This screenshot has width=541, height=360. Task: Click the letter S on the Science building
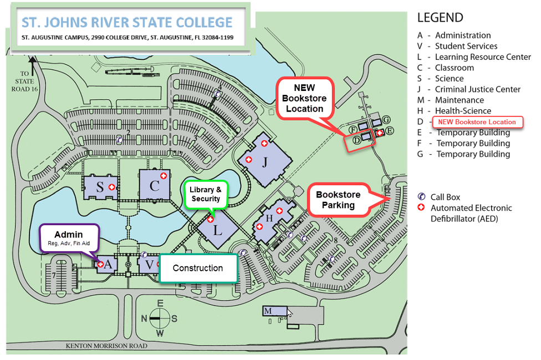click(x=100, y=187)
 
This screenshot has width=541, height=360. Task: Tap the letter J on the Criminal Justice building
click(x=264, y=161)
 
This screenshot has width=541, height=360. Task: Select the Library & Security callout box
click(x=206, y=194)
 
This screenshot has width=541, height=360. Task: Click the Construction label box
click(x=198, y=268)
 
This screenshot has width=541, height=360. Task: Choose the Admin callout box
click(x=69, y=238)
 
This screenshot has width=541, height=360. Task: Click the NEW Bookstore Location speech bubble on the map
click(x=304, y=98)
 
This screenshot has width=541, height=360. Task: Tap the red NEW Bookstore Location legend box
click(x=477, y=122)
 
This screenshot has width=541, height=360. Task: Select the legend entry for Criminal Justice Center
click(x=468, y=89)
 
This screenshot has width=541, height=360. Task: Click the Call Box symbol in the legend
click(x=421, y=197)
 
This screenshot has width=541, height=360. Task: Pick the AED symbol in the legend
click(x=421, y=207)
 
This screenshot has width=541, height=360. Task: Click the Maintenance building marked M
click(x=274, y=311)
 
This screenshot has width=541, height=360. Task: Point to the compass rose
click(x=159, y=318)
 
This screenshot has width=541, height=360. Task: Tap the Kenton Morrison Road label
click(x=106, y=346)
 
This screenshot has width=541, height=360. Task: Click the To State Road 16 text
click(x=24, y=82)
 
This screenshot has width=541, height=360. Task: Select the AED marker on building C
click(x=164, y=176)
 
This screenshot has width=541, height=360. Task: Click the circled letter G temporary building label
click(x=386, y=120)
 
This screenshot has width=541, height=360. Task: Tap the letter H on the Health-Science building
click(x=269, y=218)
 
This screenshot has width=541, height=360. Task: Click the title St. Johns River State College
click(x=127, y=22)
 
